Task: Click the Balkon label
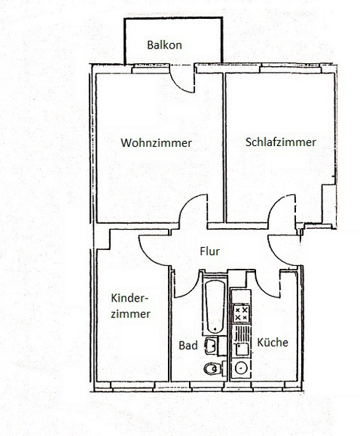click(164, 45)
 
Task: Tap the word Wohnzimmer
click(156, 143)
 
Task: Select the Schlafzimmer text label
click(281, 142)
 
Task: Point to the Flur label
click(209, 251)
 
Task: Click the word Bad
click(188, 345)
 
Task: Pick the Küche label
click(273, 342)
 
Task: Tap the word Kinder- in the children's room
click(129, 298)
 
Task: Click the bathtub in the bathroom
click(215, 306)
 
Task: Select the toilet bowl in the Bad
click(212, 369)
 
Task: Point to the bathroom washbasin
click(212, 346)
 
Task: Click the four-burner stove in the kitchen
click(241, 313)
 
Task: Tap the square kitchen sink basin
click(241, 350)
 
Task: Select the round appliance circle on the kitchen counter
click(241, 368)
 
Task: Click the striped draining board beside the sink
click(241, 333)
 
